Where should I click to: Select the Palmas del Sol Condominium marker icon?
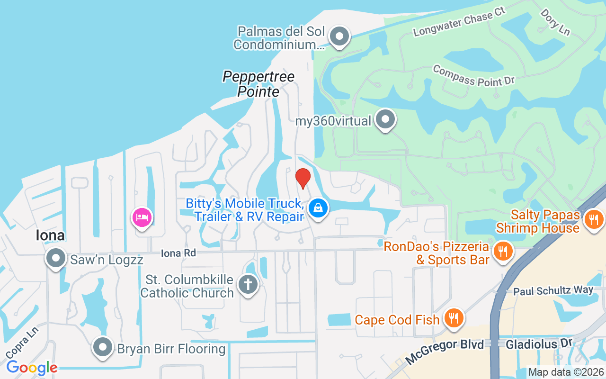pyautogui.click(x=339, y=36)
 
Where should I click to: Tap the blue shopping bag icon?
pyautogui.click(x=319, y=208)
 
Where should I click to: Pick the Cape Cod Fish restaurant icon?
pyautogui.click(x=454, y=318)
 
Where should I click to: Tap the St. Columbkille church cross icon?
pyautogui.click(x=248, y=285)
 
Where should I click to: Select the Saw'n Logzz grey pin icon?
pyautogui.click(x=56, y=258)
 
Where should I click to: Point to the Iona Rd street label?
pyautogui.click(x=178, y=253)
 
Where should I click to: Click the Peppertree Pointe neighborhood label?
pyautogui.click(x=258, y=84)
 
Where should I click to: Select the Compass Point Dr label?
pyautogui.click(x=473, y=76)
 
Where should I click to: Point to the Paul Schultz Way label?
pyautogui.click(x=553, y=290)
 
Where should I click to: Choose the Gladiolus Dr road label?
pyautogui.click(x=539, y=343)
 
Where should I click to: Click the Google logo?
pyautogui.click(x=32, y=367)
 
